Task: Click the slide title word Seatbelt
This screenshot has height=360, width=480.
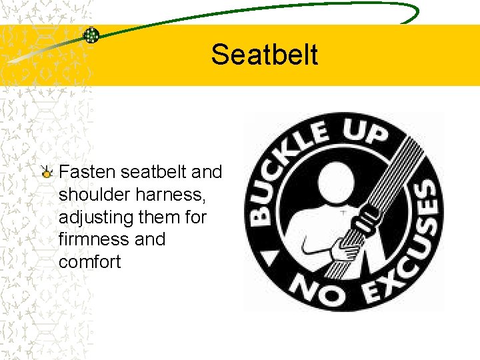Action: pos(265,55)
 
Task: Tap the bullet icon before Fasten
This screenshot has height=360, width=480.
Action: pos(47,173)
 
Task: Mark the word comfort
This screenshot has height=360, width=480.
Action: pos(90,261)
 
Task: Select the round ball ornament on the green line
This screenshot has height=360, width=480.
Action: pos(91,35)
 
